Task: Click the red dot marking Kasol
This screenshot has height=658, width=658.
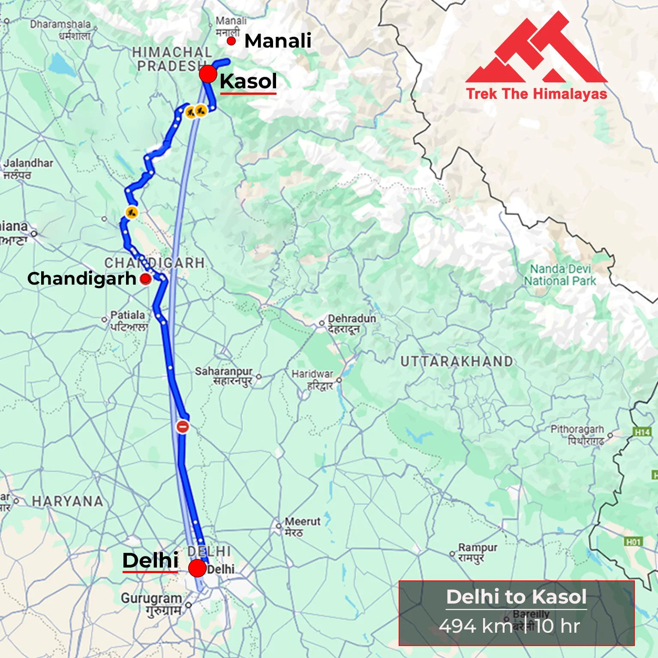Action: [x=208, y=74]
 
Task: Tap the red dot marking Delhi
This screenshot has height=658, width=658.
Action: [x=197, y=568]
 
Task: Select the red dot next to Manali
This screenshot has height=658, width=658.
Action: [x=231, y=41]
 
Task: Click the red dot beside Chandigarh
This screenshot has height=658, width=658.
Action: [x=146, y=279]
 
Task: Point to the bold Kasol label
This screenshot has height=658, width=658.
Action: [x=248, y=81]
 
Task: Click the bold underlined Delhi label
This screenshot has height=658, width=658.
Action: [x=150, y=560]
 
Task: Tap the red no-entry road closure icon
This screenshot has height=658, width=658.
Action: [x=183, y=427]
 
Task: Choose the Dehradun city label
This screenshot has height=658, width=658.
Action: [x=352, y=319]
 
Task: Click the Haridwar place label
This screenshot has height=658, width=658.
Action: [x=312, y=374]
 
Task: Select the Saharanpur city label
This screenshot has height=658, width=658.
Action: [x=224, y=371]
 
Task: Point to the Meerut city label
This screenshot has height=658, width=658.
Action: [x=302, y=522]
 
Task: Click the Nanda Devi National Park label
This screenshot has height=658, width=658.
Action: [x=560, y=275]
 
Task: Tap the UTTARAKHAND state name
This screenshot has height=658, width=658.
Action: [x=457, y=361]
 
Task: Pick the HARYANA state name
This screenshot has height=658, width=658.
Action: [x=68, y=501]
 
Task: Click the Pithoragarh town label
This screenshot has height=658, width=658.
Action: [x=577, y=429]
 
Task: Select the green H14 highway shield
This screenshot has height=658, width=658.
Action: [x=642, y=432]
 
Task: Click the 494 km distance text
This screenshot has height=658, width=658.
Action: [x=476, y=626]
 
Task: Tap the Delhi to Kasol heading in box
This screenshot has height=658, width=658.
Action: [x=516, y=597]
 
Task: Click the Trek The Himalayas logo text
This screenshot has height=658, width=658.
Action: [x=537, y=94]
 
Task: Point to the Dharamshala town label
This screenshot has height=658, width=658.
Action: [x=60, y=24]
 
